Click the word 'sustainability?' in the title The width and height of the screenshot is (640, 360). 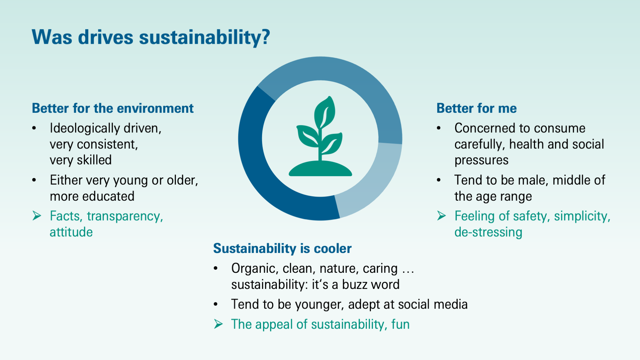pos(204,37)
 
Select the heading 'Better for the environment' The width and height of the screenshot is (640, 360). pos(113,108)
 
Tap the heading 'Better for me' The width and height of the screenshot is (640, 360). pos(476,108)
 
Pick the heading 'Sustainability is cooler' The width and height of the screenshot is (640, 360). pos(282,249)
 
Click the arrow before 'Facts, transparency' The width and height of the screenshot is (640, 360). pos(37,216)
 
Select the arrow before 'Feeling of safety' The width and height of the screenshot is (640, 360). pos(441,216)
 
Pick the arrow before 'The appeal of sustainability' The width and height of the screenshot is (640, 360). pos(218,324)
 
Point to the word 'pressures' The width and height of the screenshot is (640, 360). pos(481,160)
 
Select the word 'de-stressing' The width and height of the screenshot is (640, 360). pos(488,232)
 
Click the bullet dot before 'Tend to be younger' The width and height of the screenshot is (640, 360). pos(216,304)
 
